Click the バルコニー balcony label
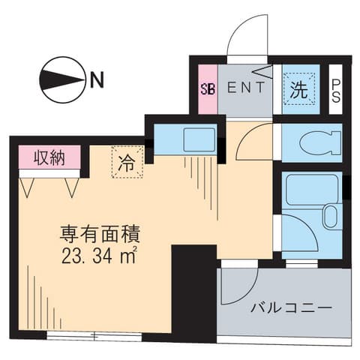[282, 308]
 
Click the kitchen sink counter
[186, 140]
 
